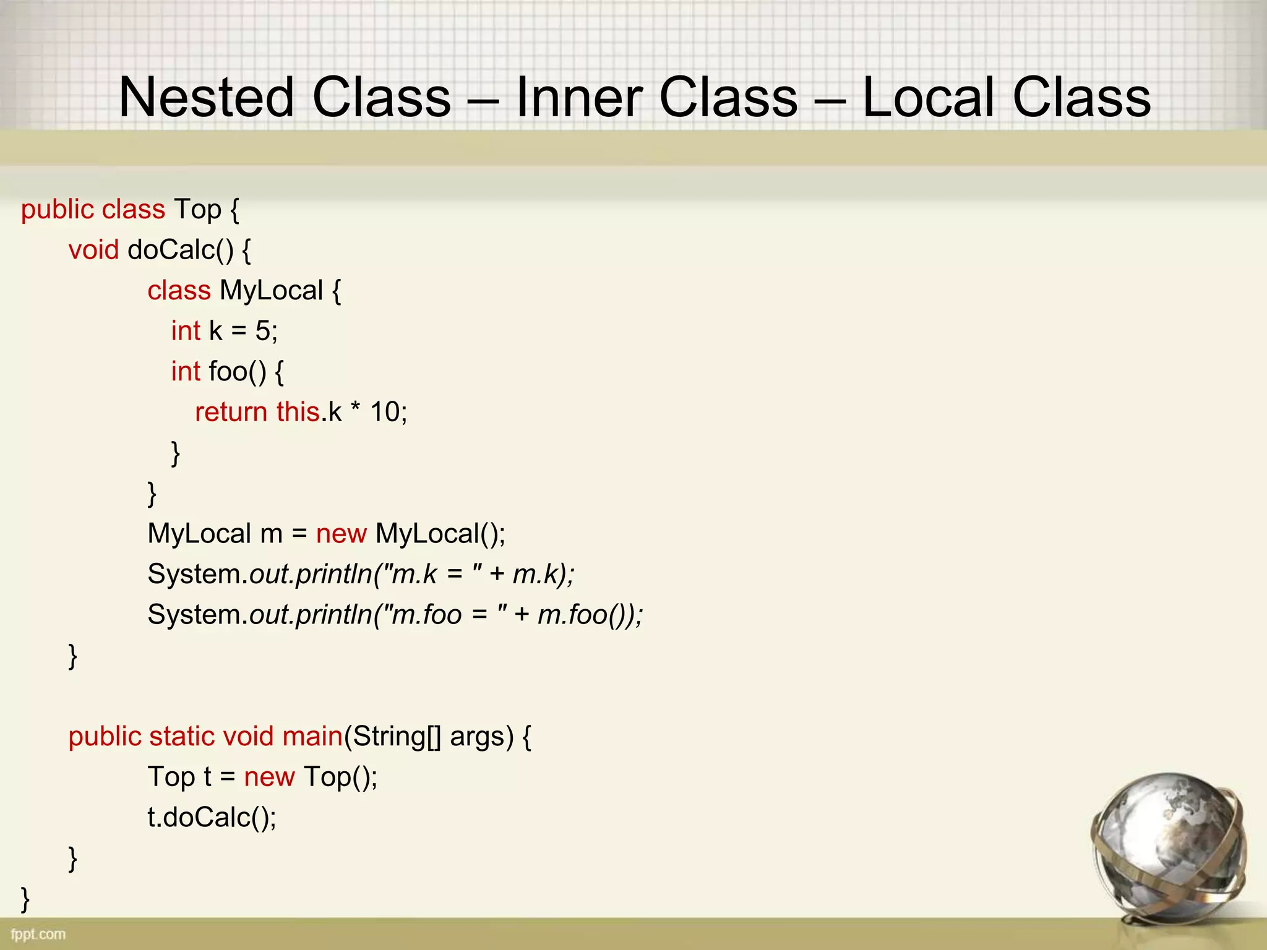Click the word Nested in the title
coord(206,98)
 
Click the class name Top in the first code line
coord(197,210)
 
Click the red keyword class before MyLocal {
coord(179,291)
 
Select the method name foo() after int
coord(238,372)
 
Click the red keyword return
coord(231,412)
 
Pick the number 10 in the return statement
coord(385,412)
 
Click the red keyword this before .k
coord(298,412)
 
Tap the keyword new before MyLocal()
coord(341,534)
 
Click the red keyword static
coord(181,737)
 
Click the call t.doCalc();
coord(212,818)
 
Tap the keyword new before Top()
coord(269,777)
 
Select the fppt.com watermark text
coord(38,934)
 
